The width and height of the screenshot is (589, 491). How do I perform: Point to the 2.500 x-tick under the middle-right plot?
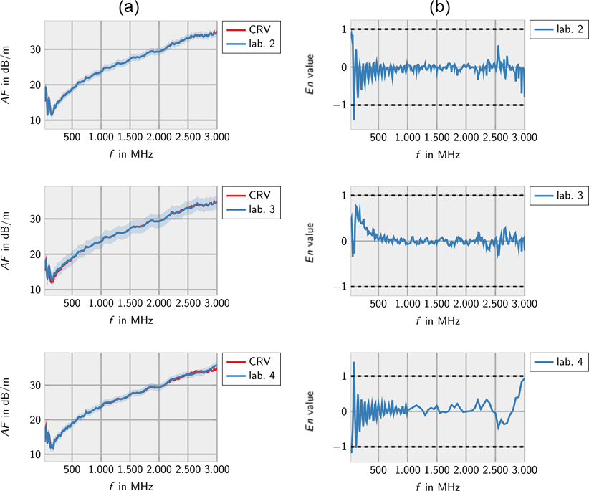click(495, 303)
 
